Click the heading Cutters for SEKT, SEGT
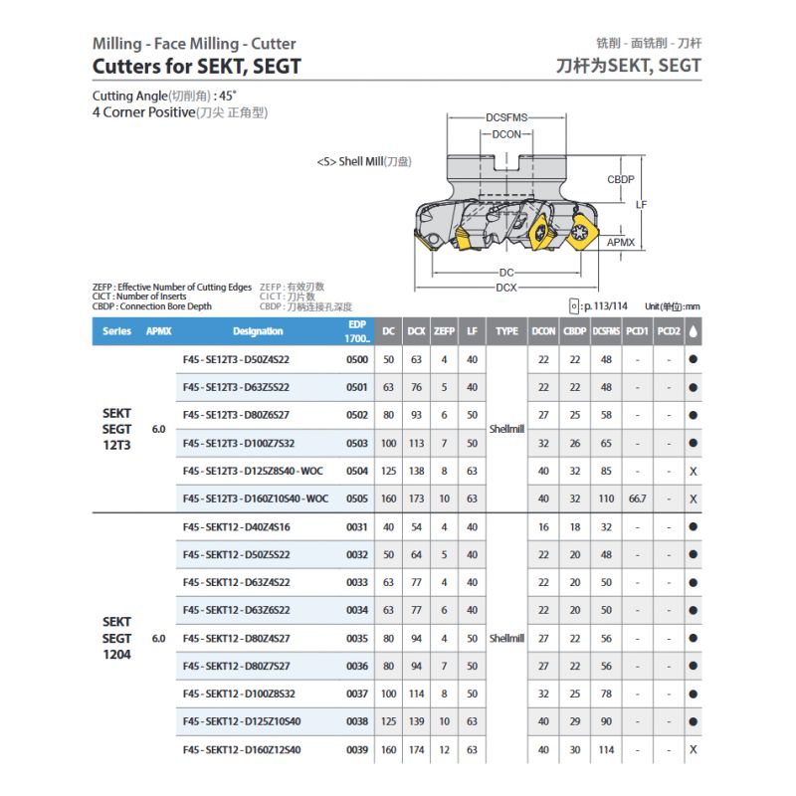tap(196, 67)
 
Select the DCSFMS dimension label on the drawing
tap(506, 117)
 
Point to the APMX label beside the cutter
tap(620, 242)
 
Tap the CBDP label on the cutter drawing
tap(621, 179)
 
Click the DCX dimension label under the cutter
tap(506, 288)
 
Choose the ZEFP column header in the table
tap(445, 331)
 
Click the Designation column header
tap(258, 331)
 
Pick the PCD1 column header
tap(638, 331)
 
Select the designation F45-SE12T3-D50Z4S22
tap(236, 359)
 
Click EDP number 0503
tap(356, 443)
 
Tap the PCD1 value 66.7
tap(638, 498)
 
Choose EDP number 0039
tap(356, 749)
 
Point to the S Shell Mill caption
tap(363, 160)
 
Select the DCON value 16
tap(543, 526)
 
